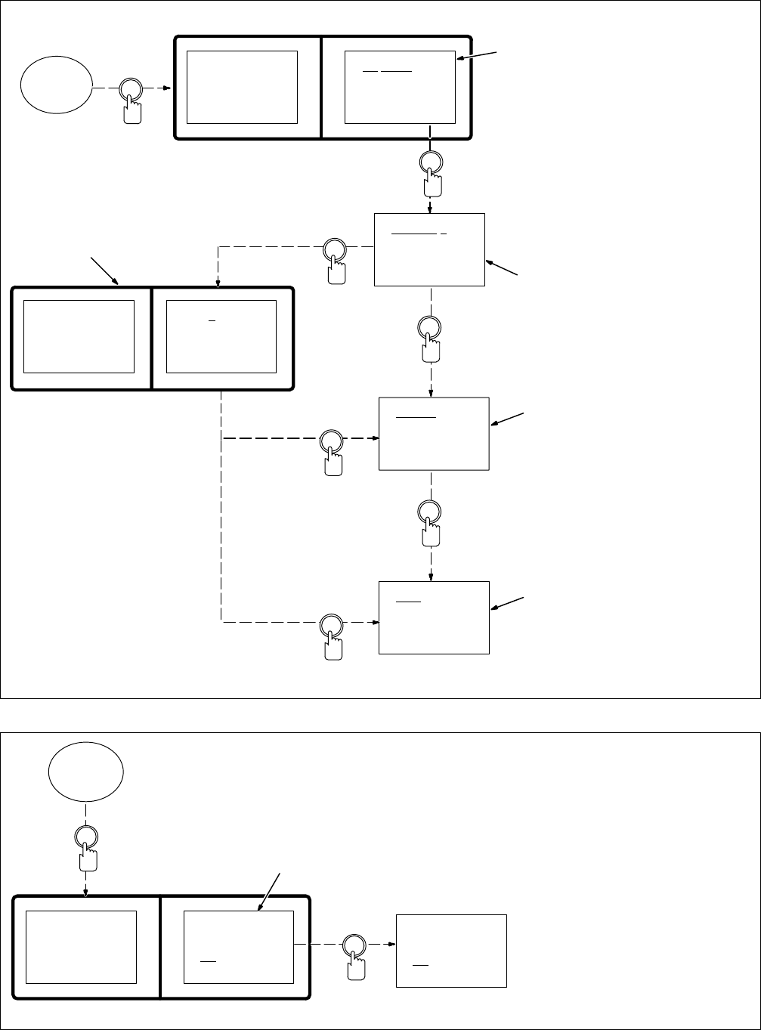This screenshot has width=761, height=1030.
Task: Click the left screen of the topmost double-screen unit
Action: [x=242, y=87]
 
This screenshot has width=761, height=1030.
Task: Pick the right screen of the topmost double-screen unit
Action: [x=400, y=87]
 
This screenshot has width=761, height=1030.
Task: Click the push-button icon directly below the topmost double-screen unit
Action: [x=431, y=169]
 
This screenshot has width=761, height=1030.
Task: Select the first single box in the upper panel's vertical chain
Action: [x=429, y=249]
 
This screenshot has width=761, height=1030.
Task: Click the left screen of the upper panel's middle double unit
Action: [x=79, y=336]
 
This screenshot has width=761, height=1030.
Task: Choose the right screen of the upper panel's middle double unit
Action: [x=221, y=336]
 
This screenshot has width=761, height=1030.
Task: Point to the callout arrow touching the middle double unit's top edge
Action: [x=106, y=271]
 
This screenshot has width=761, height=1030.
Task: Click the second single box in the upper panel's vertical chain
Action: [x=434, y=434]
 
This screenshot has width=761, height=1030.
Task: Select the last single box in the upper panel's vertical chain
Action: [x=434, y=617]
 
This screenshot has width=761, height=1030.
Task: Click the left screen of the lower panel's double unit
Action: [x=82, y=947]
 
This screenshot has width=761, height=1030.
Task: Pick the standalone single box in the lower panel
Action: [x=451, y=950]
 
